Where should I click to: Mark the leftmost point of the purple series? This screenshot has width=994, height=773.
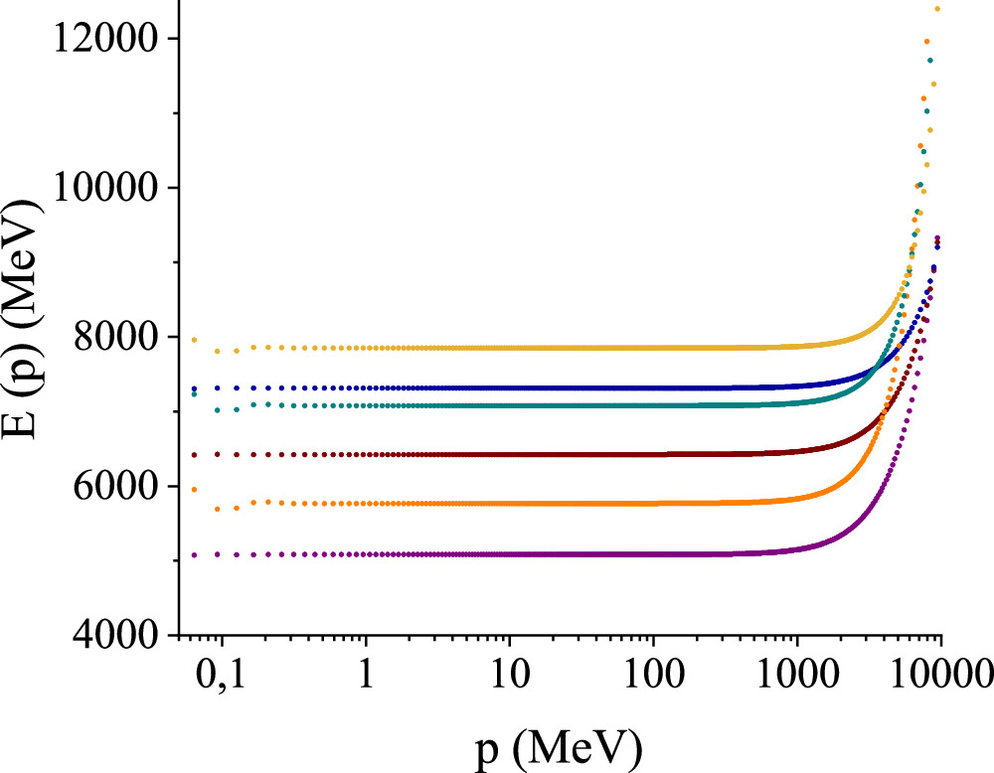point(195,554)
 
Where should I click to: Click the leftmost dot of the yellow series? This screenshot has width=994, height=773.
point(195,340)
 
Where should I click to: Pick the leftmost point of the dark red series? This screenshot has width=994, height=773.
point(195,455)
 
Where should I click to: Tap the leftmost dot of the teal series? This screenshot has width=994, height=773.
point(195,393)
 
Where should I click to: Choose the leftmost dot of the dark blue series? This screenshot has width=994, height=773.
point(195,388)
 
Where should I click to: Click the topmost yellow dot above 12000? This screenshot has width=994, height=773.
point(937,9)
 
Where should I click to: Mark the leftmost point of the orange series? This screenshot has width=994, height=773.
point(195,489)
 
